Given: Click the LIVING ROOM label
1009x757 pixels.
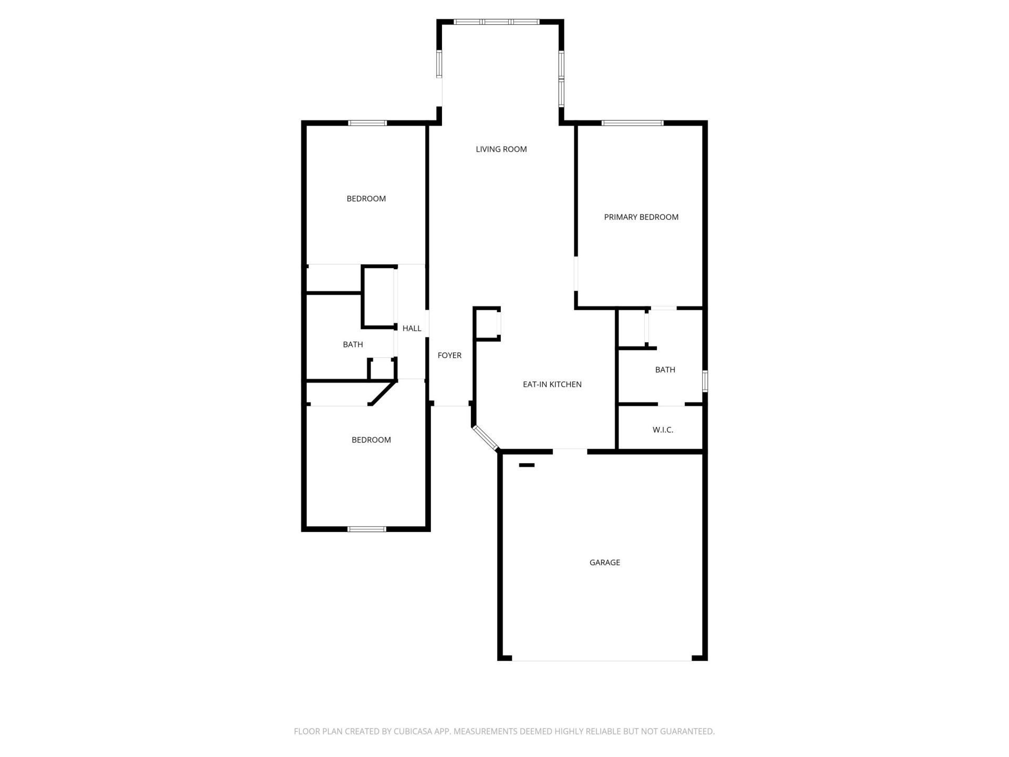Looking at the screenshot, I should (x=501, y=149).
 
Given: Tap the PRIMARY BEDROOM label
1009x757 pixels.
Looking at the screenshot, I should (x=641, y=217).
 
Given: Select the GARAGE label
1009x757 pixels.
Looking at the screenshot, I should (x=604, y=562).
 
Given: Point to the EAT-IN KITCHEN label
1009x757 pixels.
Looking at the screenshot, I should (x=552, y=384).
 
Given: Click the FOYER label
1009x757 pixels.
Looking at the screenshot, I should (x=449, y=355).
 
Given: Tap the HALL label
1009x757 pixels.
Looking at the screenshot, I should (x=411, y=329).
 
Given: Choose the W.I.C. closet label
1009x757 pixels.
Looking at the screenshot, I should (x=663, y=430).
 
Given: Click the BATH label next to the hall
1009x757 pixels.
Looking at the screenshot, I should (x=353, y=344).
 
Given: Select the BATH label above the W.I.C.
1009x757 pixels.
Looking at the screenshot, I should (x=665, y=370).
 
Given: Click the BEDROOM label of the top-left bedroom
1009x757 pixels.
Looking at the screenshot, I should (x=366, y=199).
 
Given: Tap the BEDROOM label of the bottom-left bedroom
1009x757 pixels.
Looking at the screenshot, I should (x=371, y=440).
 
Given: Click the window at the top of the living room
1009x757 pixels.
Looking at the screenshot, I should (x=496, y=22).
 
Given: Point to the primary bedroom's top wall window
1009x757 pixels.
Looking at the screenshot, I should (x=632, y=123).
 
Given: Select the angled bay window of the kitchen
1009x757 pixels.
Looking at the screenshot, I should (x=485, y=438).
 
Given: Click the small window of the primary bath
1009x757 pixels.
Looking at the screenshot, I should (x=705, y=381).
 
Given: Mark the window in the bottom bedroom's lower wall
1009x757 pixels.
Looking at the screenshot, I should (x=366, y=529).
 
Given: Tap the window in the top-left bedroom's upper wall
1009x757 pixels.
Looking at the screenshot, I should (x=367, y=123).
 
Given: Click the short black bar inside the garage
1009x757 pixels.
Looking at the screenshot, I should (x=527, y=465).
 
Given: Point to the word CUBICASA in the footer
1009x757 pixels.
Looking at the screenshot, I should (x=416, y=731).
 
